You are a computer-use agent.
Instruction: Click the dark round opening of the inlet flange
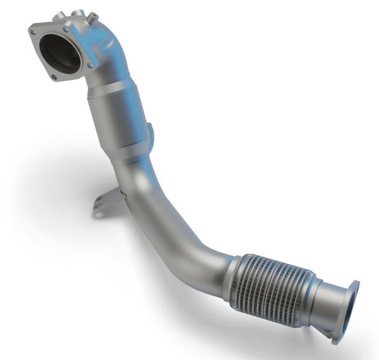coord(61,53)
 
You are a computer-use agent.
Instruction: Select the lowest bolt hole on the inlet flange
coord(54,78)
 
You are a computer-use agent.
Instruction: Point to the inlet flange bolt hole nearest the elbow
coord(90,65)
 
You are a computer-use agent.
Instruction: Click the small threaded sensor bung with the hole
coord(92,18)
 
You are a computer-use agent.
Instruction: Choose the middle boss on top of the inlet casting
coord(78,14)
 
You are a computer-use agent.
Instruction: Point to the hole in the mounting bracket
coord(99,204)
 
